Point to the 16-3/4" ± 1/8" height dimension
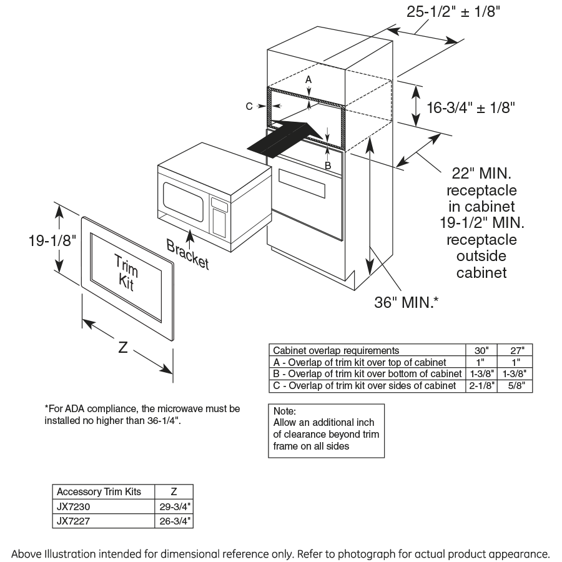(x=470, y=107)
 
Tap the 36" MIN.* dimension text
(x=406, y=303)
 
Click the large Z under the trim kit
(x=123, y=348)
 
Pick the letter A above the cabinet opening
(x=308, y=80)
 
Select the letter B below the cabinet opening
(x=327, y=165)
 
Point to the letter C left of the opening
(x=249, y=107)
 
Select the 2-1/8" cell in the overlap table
(x=481, y=385)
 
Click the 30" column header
(x=481, y=350)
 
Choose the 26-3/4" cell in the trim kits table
(x=174, y=520)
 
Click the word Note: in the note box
(x=285, y=412)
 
